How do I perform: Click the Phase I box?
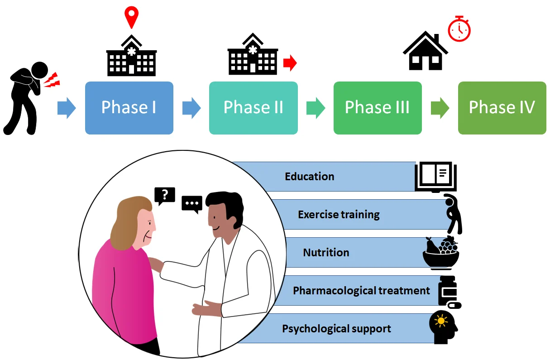click(x=129, y=108)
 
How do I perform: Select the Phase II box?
click(x=253, y=108)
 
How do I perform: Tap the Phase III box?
click(x=378, y=108)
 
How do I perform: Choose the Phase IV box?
click(x=502, y=108)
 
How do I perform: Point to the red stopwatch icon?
click(x=459, y=29)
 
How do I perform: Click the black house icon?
click(x=425, y=51)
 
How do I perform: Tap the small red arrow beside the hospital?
click(x=290, y=63)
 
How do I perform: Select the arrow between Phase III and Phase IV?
click(x=440, y=108)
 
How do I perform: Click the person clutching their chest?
click(x=27, y=97)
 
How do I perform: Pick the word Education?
click(x=310, y=176)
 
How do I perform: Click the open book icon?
click(x=436, y=176)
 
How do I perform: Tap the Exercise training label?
click(x=339, y=214)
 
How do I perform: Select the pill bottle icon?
click(x=448, y=291)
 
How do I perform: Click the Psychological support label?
click(x=336, y=329)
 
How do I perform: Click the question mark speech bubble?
click(x=164, y=195)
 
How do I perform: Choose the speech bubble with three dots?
click(x=192, y=204)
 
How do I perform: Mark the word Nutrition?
click(x=326, y=252)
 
